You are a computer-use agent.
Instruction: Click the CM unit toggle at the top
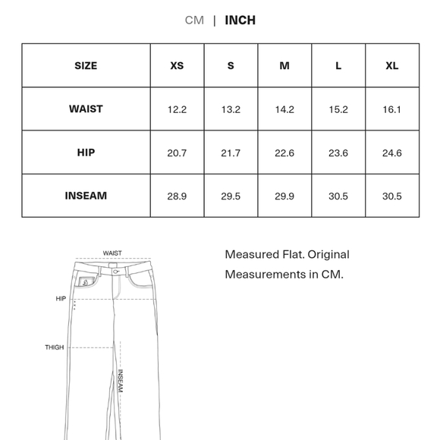coord(194,20)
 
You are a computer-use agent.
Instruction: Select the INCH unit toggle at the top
coord(240,20)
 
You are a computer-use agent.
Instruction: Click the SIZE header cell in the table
coord(86,66)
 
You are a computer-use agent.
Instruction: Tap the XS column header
coord(177,66)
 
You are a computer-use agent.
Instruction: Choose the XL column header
coord(391,66)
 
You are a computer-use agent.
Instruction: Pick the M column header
coord(284,66)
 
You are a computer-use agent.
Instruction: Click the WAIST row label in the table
coord(86,109)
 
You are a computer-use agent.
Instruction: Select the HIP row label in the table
coord(86,152)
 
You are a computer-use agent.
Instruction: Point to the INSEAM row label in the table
coord(86,196)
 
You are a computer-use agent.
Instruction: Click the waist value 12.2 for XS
coord(177,110)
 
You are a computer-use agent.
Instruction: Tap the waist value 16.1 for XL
coord(391,110)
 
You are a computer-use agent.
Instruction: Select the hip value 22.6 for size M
coord(284,153)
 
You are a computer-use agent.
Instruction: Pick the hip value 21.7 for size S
coord(231,153)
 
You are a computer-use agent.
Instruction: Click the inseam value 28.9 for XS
coord(177,196)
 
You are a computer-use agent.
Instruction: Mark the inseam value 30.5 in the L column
coord(338,196)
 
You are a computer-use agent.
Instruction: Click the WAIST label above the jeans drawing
coord(112,253)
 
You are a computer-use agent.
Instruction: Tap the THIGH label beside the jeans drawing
coord(54,347)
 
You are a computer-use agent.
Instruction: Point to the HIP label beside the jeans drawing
coord(61,299)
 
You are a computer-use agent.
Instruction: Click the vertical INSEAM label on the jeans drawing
coord(120,381)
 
